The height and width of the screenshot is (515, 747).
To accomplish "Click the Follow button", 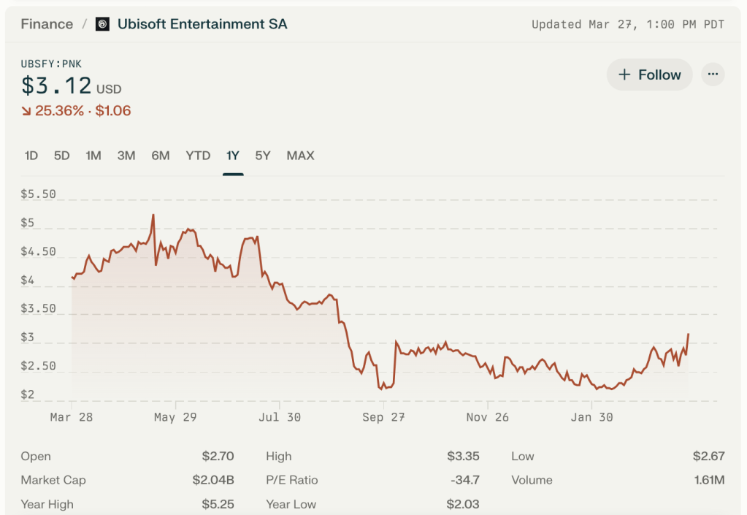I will (649, 75).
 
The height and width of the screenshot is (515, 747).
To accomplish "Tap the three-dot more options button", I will (713, 75).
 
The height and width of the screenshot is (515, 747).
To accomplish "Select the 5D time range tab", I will (62, 156).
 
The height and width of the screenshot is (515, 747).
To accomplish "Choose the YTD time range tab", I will (198, 156).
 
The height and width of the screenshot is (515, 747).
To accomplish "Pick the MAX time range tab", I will (300, 156).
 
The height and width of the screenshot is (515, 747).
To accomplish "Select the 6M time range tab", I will (161, 156).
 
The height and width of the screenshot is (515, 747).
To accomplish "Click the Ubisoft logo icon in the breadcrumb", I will (103, 24).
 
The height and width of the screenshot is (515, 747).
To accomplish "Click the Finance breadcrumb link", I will (47, 24).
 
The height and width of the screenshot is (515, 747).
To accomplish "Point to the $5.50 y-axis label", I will (38, 194).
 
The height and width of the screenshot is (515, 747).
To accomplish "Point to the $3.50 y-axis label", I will (38, 308).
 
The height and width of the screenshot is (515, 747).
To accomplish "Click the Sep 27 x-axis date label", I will (383, 417).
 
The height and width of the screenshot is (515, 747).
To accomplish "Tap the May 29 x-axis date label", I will (175, 417).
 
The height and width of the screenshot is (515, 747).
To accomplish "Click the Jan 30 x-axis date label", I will (591, 417).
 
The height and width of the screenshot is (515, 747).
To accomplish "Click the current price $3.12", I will (56, 86).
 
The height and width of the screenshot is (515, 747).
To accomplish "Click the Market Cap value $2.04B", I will (218, 480).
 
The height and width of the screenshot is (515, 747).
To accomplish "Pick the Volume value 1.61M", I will (709, 480).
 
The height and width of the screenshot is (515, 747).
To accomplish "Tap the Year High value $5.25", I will (218, 504).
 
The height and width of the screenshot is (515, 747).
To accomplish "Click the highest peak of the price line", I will (153, 215).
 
